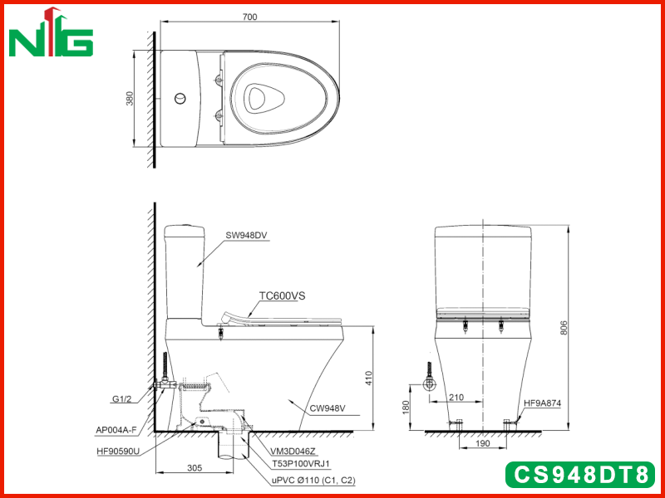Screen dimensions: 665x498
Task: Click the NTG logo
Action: [x=51, y=32]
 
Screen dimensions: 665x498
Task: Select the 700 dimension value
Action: [x=250, y=17]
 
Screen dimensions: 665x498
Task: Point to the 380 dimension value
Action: [x=130, y=98]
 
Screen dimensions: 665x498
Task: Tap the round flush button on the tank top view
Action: [x=180, y=99]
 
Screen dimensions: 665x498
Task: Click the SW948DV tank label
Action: [x=246, y=236]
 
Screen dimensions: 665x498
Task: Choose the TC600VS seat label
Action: [x=283, y=295]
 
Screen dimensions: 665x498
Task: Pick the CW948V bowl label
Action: [x=328, y=408]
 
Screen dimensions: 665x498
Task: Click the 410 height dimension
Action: [x=368, y=378]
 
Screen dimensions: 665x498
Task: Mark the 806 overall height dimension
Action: [x=564, y=328]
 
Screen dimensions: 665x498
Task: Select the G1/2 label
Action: [x=122, y=399]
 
